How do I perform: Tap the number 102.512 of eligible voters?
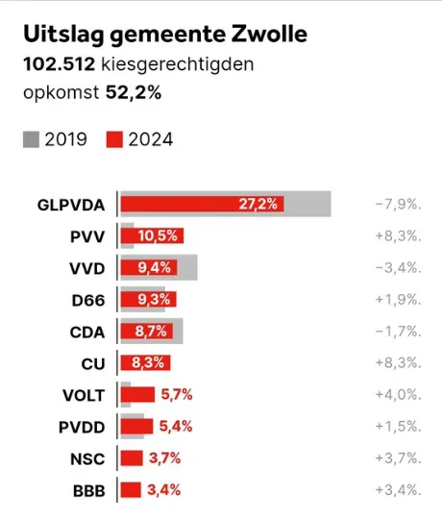tap(59, 66)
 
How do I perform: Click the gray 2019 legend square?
tap(31, 140)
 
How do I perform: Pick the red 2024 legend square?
tap(114, 140)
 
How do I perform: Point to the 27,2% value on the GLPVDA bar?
tap(259, 205)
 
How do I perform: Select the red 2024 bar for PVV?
tap(152, 236)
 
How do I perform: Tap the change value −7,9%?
tap(398, 205)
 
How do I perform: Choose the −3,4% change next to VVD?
tap(398, 268)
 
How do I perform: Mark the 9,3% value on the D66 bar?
tap(155, 300)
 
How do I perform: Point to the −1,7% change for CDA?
tap(398, 332)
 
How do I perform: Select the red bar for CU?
tap(145, 363)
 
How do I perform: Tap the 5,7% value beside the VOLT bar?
tap(178, 395)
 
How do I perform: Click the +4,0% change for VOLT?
tap(398, 395)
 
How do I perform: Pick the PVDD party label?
tap(82, 427)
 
